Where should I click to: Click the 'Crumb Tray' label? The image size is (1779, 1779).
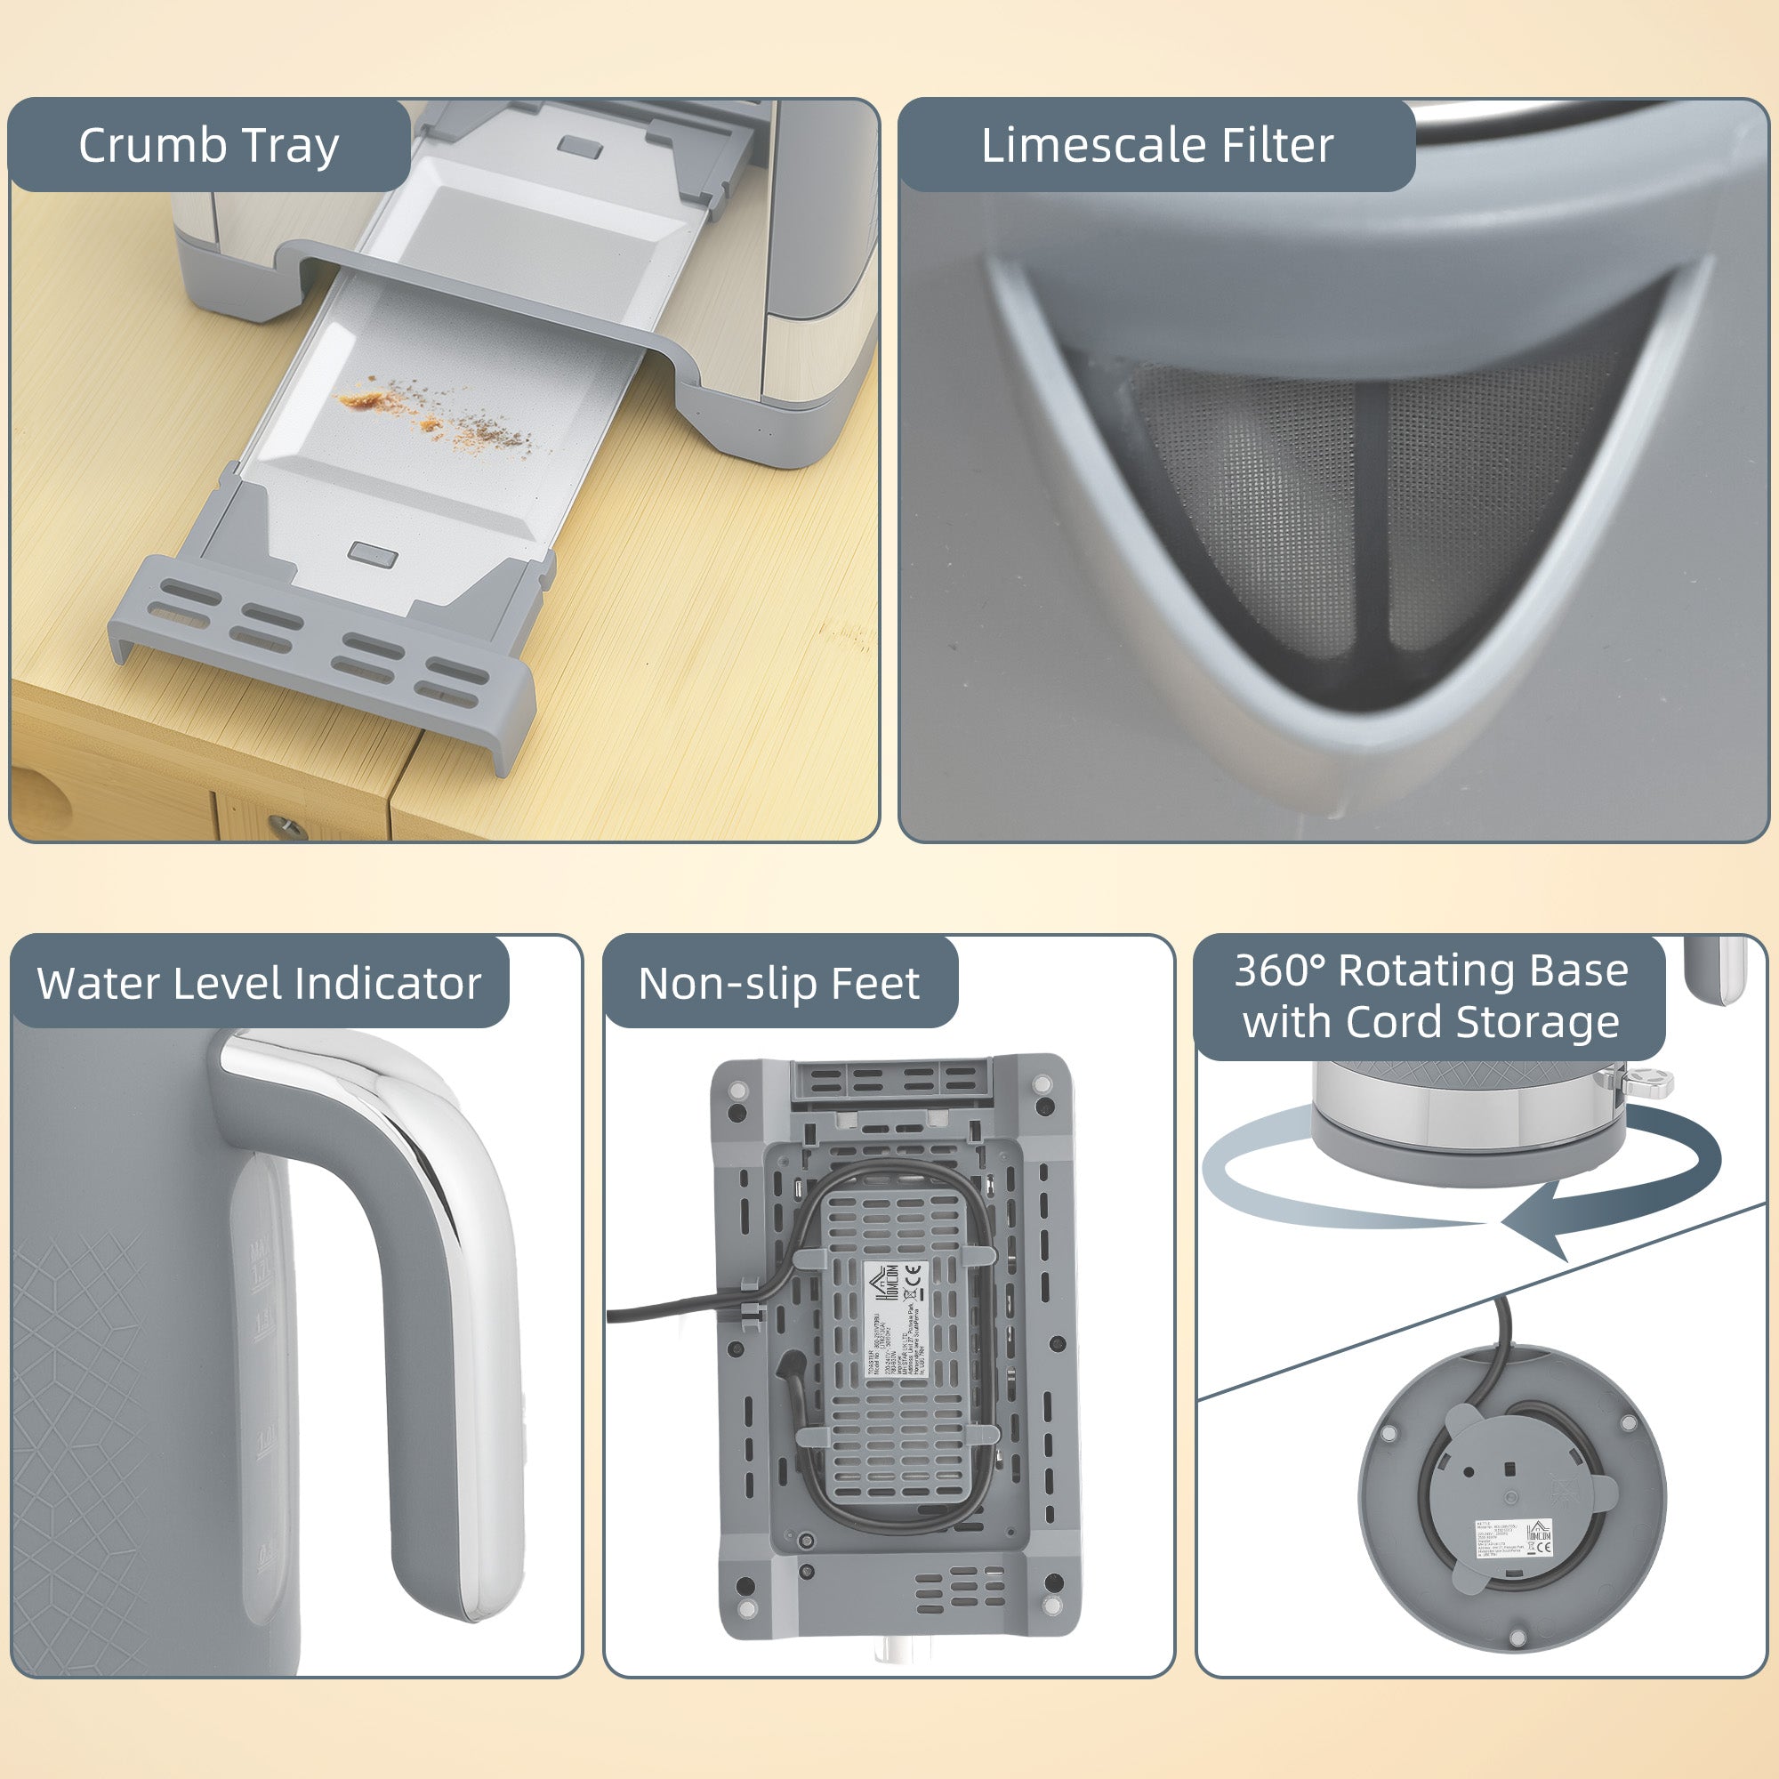pos(209,146)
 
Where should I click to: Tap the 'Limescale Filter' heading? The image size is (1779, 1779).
pos(1156,146)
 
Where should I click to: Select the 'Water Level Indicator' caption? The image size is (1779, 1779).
pos(259,984)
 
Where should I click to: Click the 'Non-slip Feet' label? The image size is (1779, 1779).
pos(779,984)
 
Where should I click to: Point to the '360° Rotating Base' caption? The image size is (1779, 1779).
pos(1431,970)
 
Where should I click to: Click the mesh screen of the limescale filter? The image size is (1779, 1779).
pos(1271,488)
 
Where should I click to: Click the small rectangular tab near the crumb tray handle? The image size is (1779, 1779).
pos(373,555)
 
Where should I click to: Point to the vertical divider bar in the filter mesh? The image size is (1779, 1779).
pos(1372,516)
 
